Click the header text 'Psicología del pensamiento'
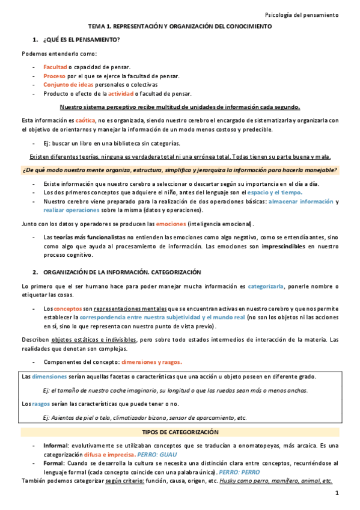(x=302, y=14)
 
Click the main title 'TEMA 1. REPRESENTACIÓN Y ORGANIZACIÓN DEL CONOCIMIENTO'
(x=180, y=27)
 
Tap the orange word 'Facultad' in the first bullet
(x=55, y=67)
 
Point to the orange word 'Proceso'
(x=54, y=76)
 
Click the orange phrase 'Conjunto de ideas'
(x=69, y=85)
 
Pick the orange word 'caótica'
(x=85, y=120)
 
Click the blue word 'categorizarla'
(x=267, y=286)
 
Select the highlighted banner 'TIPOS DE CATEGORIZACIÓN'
(x=180, y=432)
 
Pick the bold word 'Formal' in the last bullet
(x=55, y=464)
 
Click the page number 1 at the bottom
(x=337, y=494)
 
